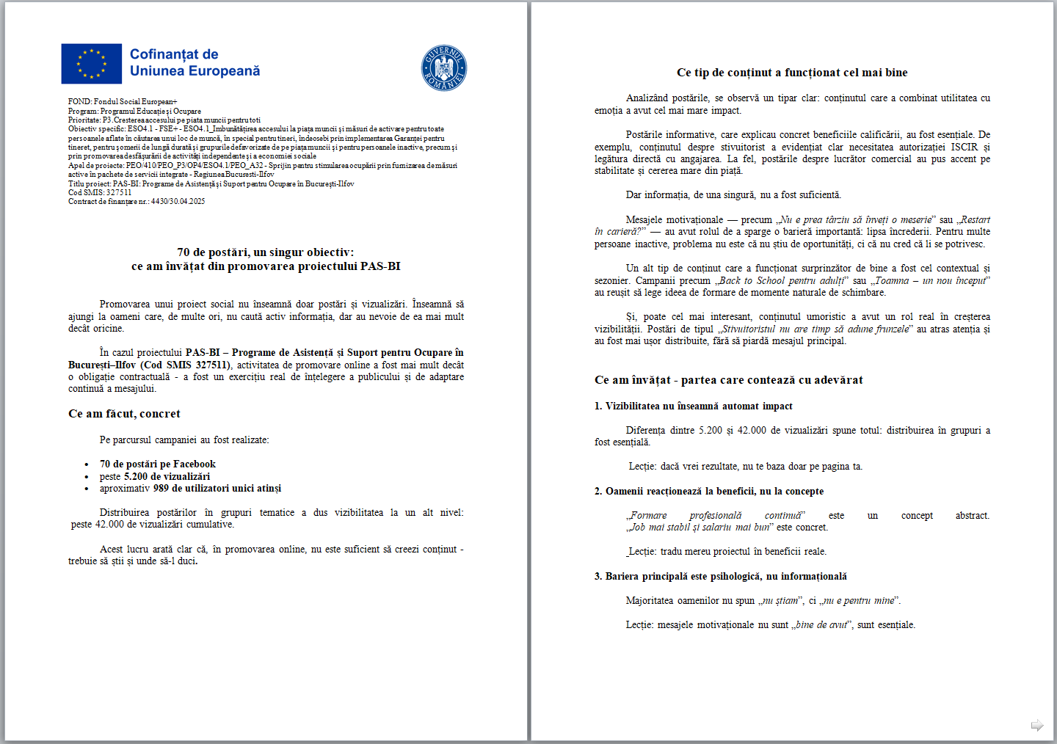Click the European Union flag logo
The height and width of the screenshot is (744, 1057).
(x=91, y=64)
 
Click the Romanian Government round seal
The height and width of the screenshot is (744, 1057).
(x=443, y=68)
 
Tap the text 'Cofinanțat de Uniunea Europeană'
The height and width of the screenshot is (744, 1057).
(x=195, y=63)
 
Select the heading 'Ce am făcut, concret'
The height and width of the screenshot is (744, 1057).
(x=124, y=414)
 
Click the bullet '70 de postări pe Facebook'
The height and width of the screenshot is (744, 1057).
(x=157, y=464)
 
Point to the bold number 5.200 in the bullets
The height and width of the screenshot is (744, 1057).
(x=136, y=476)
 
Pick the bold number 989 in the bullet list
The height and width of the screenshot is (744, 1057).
(x=161, y=489)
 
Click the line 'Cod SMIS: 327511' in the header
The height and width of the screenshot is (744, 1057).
(x=100, y=192)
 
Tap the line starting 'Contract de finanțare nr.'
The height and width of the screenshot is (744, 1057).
(x=137, y=201)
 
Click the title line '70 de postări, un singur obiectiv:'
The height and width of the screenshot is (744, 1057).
(x=265, y=252)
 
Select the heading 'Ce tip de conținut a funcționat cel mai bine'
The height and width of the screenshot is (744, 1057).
(x=791, y=73)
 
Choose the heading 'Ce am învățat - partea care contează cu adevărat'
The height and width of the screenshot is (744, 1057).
(x=728, y=380)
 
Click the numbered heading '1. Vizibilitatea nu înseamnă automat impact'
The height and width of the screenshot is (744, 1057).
(x=693, y=406)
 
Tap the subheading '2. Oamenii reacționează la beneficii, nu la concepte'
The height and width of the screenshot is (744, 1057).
(x=708, y=492)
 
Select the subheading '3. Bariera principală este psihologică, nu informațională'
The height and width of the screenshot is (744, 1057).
(x=720, y=577)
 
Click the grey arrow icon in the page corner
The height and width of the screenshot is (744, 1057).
(x=1036, y=726)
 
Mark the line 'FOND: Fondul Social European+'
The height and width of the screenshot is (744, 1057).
(x=123, y=101)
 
